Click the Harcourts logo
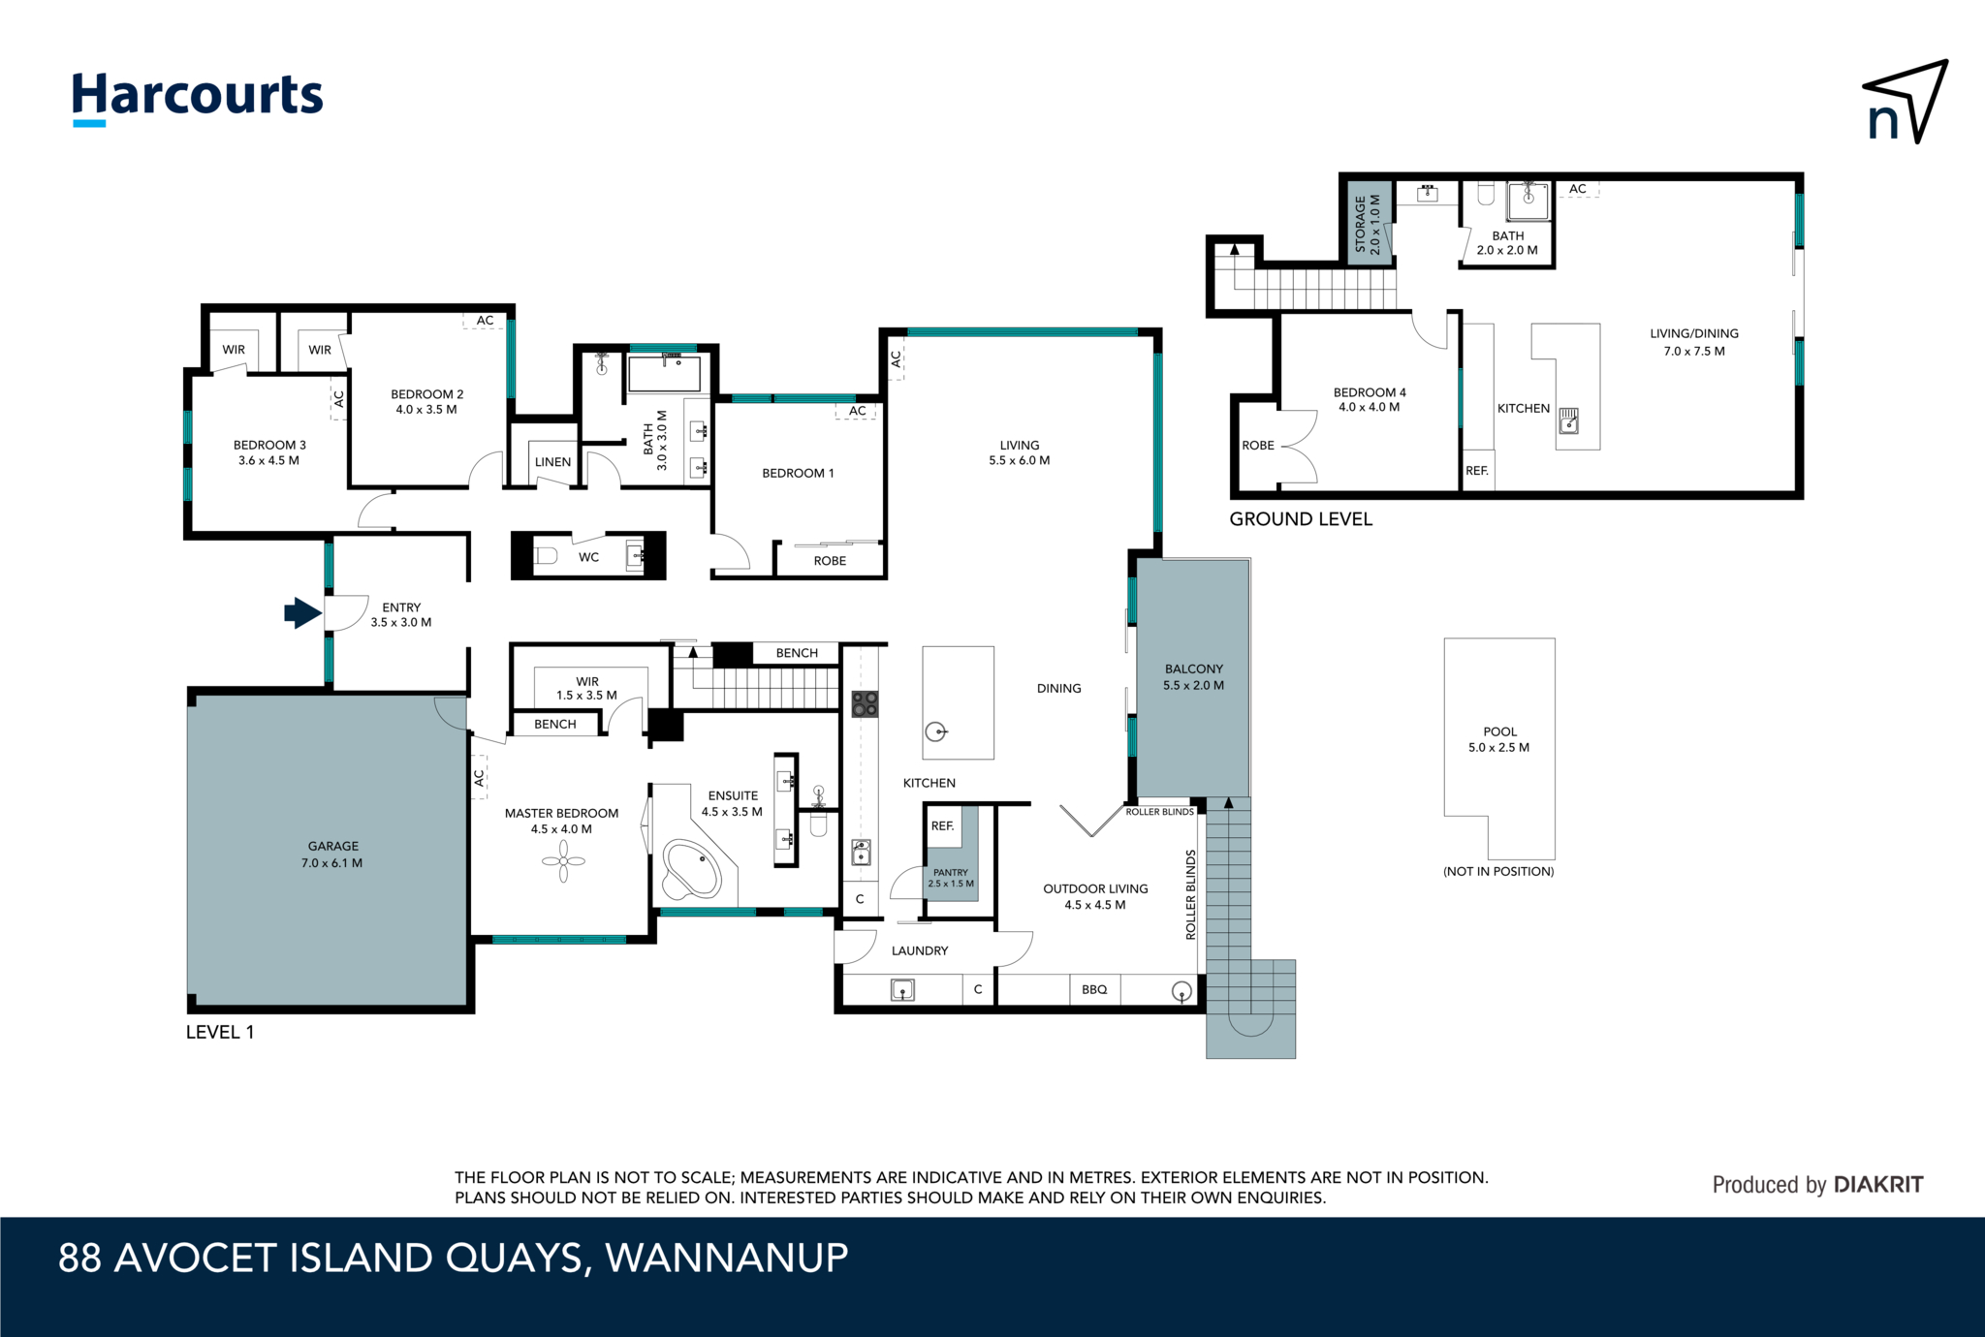(198, 98)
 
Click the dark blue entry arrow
(302, 612)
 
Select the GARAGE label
(332, 846)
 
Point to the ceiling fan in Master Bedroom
(563, 861)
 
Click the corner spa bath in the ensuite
(691, 870)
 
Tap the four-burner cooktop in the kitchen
(865, 703)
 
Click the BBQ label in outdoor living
(1094, 989)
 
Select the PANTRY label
(951, 872)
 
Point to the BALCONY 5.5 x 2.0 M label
(1194, 676)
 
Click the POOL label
(1499, 731)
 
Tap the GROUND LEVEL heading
(1301, 519)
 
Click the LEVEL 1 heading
(220, 1032)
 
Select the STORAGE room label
(1360, 224)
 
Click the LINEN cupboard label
(552, 462)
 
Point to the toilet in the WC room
(546, 556)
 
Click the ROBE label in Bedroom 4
(1258, 446)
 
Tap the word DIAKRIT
(1878, 1184)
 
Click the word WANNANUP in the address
(727, 1258)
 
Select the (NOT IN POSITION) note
(1498, 871)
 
